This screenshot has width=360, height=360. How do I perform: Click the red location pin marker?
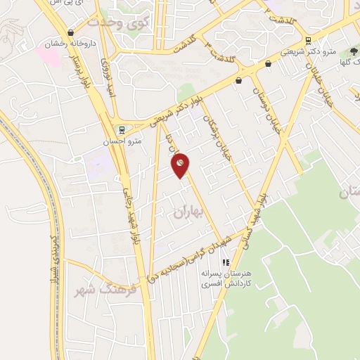(x=181, y=165)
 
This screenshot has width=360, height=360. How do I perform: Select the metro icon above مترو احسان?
(x=120, y=129)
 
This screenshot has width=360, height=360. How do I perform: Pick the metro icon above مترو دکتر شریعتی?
(x=309, y=39)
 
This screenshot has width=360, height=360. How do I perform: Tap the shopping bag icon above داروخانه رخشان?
(x=70, y=32)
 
